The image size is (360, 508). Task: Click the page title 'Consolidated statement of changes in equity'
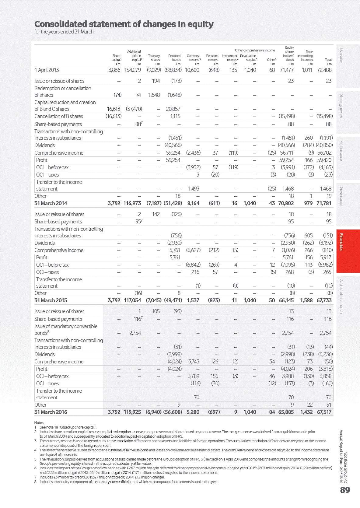point(124,24)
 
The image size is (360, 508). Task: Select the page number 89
point(345,490)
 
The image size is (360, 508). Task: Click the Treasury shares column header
point(154,58)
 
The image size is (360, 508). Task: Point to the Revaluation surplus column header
point(248,58)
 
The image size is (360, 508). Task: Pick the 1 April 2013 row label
point(47,70)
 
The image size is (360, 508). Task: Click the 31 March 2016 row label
point(51,412)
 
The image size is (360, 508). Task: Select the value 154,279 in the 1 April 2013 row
point(132,70)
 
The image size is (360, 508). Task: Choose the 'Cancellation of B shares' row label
point(58,116)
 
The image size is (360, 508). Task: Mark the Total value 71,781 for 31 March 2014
point(324,203)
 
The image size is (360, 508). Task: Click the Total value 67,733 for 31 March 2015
point(324,300)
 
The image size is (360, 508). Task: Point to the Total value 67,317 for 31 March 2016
point(324,412)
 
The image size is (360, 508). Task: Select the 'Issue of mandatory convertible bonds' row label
point(66,329)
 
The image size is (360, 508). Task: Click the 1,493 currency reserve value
point(194,189)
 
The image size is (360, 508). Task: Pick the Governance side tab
point(341,196)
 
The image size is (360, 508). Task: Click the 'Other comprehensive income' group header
point(255,50)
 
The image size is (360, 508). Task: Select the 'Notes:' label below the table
point(39,422)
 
